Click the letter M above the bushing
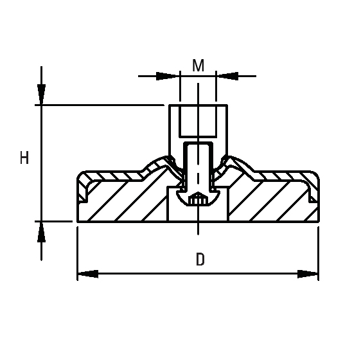pos(198,66)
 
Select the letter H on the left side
pos(24,158)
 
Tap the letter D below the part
pos(200,260)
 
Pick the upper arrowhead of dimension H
pos(42,95)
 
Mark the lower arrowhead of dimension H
pos(42,231)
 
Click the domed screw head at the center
pos(198,200)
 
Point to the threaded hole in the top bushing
pos(198,122)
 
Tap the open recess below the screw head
pos(198,214)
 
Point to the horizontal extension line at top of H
pos(103,105)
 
